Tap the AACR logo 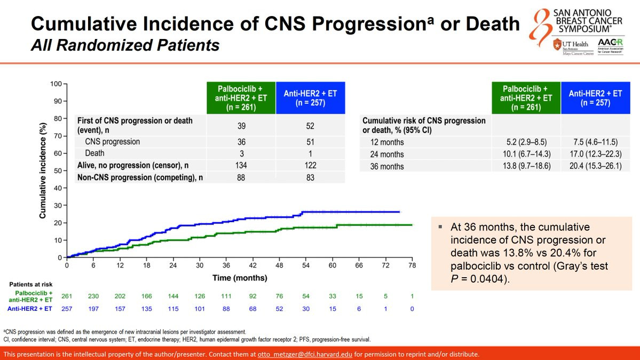point(610,46)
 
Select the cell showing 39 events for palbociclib point(241,126)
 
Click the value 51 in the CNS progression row point(310,142)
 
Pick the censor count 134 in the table point(241,166)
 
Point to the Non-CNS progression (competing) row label point(140,177)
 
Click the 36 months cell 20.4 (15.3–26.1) point(595,166)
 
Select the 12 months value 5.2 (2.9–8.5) point(526,142)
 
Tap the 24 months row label point(387,154)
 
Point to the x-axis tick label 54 point(305,265)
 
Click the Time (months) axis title point(240,278)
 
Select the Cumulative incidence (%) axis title point(43,170)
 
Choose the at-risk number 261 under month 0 point(67,296)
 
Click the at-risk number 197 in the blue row point(93,309)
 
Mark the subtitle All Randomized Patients point(125,45)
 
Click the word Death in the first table point(95,153)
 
